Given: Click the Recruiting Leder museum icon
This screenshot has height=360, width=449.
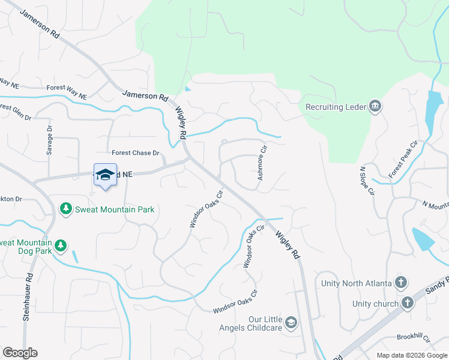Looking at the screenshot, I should pyautogui.click(x=376, y=107).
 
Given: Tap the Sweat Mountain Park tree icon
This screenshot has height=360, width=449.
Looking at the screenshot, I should pyautogui.click(x=66, y=209).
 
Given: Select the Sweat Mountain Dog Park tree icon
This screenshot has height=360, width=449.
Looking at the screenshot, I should pyautogui.click(x=60, y=245).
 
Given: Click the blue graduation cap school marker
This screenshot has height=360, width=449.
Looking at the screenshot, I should pyautogui.click(x=105, y=175).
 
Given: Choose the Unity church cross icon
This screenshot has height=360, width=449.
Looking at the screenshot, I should pyautogui.click(x=408, y=303).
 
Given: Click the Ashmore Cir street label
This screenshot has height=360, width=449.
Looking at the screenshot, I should pyautogui.click(x=262, y=163).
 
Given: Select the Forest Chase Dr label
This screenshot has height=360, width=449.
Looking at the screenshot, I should pyautogui.click(x=136, y=153).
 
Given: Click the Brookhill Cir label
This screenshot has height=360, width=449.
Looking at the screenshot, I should pyautogui.click(x=414, y=338).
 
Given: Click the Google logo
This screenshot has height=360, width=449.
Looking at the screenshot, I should pyautogui.click(x=20, y=353).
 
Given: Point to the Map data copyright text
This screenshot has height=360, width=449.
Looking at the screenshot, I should pyautogui.click(x=411, y=355).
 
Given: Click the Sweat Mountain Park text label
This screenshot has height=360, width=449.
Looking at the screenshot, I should pyautogui.click(x=115, y=209).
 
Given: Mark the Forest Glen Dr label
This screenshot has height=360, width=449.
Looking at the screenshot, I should pyautogui.click(x=16, y=111).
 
